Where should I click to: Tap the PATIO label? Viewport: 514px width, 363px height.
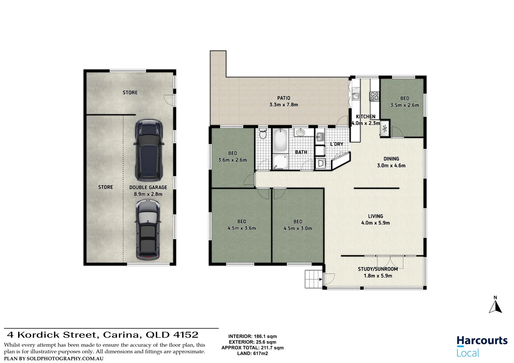pyautogui.click(x=284, y=98)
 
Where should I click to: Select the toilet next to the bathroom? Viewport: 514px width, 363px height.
pyautogui.click(x=263, y=134)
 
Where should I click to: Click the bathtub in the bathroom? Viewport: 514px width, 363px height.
pyautogui.click(x=280, y=140)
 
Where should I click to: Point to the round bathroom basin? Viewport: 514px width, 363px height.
pyautogui.click(x=300, y=132)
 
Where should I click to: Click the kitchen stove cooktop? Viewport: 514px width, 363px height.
pyautogui.click(x=374, y=96)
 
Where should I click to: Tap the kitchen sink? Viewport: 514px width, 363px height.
pyautogui.click(x=356, y=96)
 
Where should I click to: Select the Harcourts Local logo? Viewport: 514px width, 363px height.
pyautogui.click(x=482, y=346)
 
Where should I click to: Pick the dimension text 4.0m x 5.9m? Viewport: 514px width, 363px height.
pyautogui.click(x=375, y=223)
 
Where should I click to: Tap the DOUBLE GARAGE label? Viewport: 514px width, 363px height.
pyautogui.click(x=148, y=188)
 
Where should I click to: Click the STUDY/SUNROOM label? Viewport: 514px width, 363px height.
pyautogui.click(x=378, y=269)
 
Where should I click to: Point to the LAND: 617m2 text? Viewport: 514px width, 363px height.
pyautogui.click(x=252, y=353)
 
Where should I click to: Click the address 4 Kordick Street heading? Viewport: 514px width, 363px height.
pyautogui.click(x=103, y=335)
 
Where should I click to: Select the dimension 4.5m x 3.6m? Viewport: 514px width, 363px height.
pyautogui.click(x=242, y=228)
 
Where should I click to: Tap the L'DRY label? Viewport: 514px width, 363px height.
pyautogui.click(x=336, y=144)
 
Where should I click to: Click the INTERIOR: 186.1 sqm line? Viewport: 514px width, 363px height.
pyautogui.click(x=252, y=336)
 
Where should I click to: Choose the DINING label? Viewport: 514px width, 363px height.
pyautogui.click(x=391, y=159)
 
